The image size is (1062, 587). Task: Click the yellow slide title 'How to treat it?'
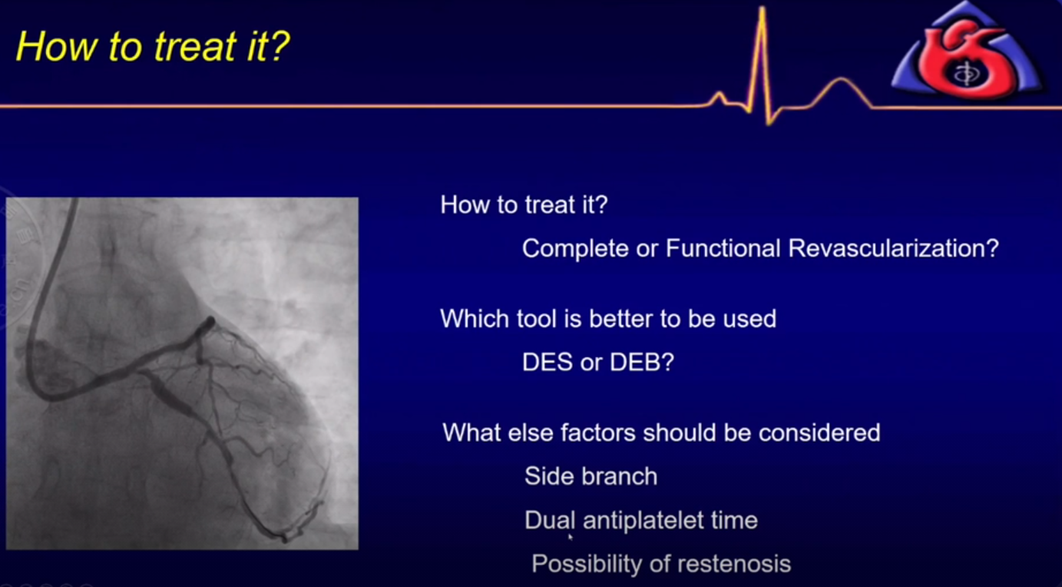tap(153, 47)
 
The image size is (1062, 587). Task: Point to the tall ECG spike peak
tap(762, 9)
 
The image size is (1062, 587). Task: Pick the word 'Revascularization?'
tap(893, 247)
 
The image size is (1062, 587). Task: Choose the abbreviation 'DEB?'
tap(642, 362)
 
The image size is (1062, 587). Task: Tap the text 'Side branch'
tap(591, 476)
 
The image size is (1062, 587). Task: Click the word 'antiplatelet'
tap(643, 520)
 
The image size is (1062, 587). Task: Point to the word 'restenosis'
tap(734, 564)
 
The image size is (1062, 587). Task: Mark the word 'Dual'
tap(550, 520)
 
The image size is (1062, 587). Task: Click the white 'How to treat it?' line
tap(524, 205)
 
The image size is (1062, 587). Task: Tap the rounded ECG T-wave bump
tap(841, 81)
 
